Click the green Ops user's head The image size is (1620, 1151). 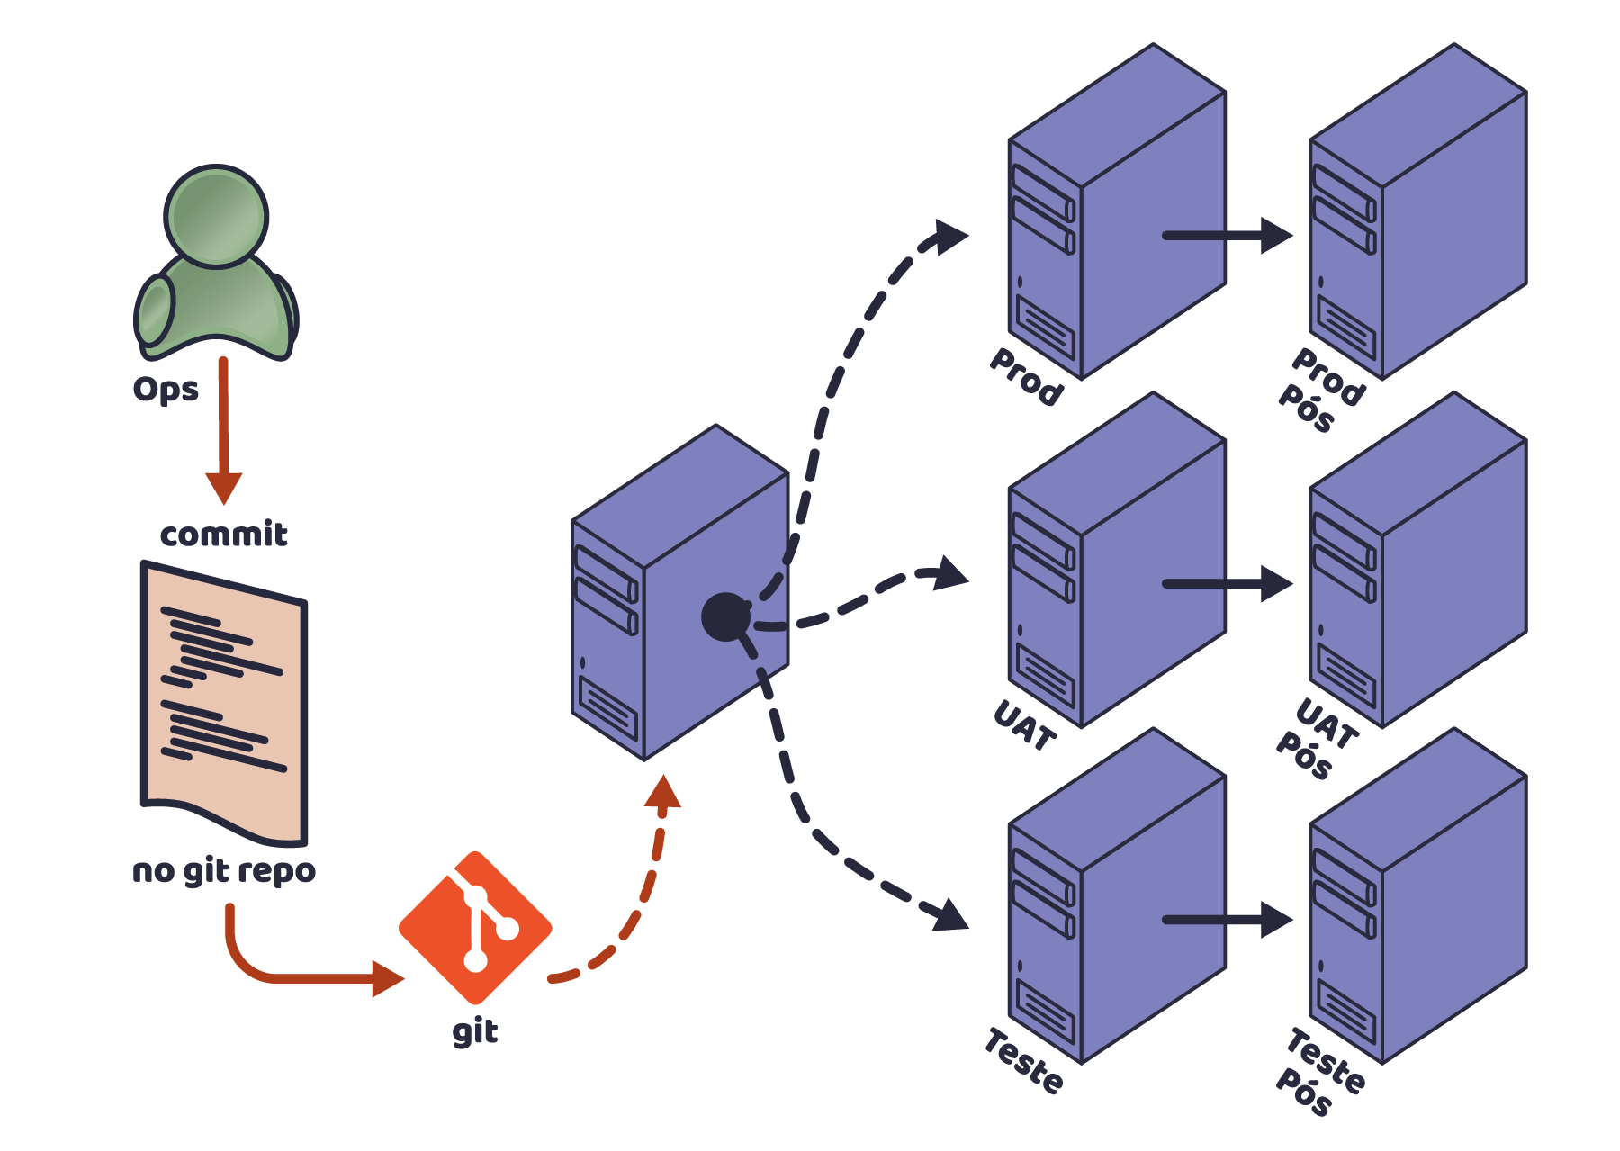click(216, 216)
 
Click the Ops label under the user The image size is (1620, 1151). click(166, 390)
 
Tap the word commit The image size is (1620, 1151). click(224, 535)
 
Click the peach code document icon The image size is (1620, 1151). click(224, 702)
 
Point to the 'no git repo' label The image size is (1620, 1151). click(224, 871)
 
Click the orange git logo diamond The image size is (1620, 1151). click(475, 928)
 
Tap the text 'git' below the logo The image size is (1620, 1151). click(475, 1031)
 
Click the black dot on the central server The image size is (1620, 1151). click(725, 616)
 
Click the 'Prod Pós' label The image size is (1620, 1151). click(1320, 390)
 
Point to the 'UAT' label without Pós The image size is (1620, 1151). click(1025, 725)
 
